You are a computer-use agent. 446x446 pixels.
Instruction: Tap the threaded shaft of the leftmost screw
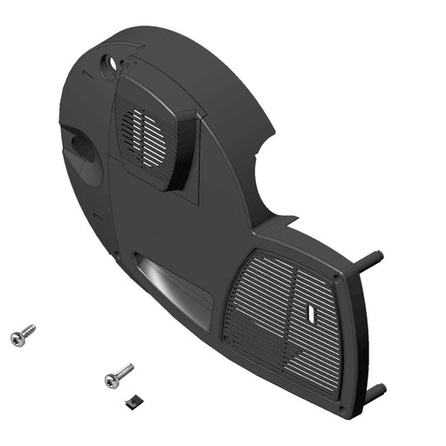(x=28, y=332)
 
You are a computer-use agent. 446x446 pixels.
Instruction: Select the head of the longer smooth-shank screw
(x=111, y=381)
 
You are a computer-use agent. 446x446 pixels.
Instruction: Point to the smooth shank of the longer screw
(x=124, y=372)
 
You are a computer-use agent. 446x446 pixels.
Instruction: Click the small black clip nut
(x=133, y=400)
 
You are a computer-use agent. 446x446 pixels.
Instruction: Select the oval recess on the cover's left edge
(x=80, y=148)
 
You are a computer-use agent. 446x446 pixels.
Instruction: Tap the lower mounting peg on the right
(x=374, y=391)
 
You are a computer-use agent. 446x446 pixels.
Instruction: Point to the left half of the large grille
(x=257, y=305)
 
